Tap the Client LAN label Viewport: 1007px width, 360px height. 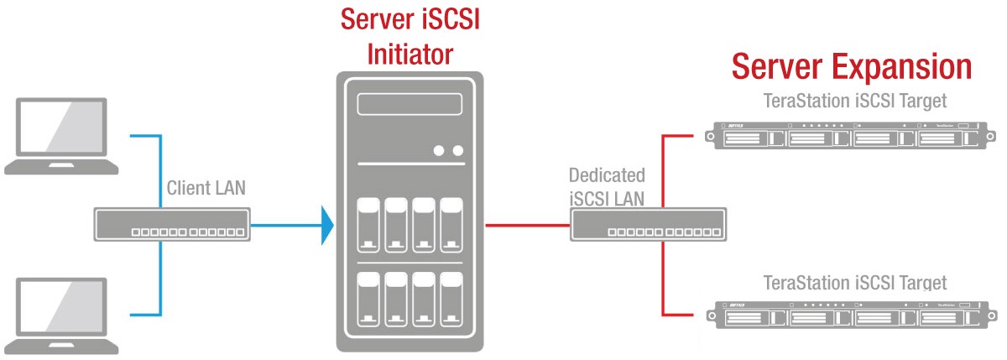pyautogui.click(x=206, y=187)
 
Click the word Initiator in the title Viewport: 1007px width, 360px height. pyautogui.click(x=410, y=55)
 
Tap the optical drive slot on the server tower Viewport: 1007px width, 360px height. pyautogui.click(x=410, y=105)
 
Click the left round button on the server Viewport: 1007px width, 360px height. pyautogui.click(x=440, y=151)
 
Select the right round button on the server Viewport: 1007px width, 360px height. pyautogui.click(x=457, y=151)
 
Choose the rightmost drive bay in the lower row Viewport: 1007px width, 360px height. pyautogui.click(x=451, y=300)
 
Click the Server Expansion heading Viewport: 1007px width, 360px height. pyautogui.click(x=851, y=67)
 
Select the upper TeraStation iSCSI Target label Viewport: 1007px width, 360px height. pyautogui.click(x=854, y=102)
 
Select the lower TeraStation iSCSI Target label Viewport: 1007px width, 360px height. pyautogui.click(x=854, y=283)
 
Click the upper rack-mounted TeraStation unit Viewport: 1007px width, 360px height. pyautogui.click(x=843, y=136)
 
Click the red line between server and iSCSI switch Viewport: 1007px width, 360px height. pyautogui.click(x=528, y=225)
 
